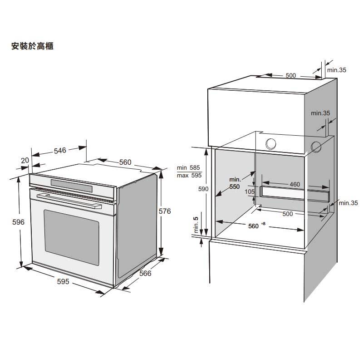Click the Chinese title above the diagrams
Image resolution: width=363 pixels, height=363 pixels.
tap(31, 46)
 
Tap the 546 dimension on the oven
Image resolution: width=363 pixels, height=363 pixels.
tap(60, 150)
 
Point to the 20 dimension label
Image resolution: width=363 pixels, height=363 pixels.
tap(25, 160)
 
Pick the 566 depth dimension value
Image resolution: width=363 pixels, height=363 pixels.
tap(145, 273)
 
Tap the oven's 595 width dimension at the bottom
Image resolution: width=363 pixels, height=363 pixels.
tap(63, 282)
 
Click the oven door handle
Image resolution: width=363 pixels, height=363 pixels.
tap(68, 199)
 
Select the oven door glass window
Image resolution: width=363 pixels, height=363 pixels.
tap(71, 236)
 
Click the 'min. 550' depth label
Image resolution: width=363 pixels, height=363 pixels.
tap(235, 183)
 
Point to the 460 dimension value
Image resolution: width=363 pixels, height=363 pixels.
tap(294, 185)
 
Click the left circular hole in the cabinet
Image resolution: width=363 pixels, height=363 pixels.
tap(271, 144)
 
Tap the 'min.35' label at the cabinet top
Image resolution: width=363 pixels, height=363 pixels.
tap(337, 70)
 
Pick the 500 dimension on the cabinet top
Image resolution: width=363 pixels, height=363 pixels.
tap(290, 75)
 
